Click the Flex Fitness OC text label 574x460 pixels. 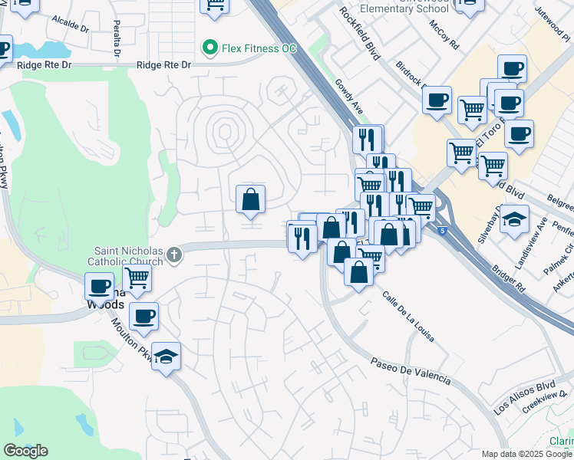pos(259,48)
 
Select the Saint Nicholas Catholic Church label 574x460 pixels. pos(128,256)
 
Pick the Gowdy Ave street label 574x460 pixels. pos(348,96)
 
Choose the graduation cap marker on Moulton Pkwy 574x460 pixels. pos(166,356)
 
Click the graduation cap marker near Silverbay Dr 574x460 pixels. pos(515,219)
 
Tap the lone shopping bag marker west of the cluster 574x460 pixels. pos(250,200)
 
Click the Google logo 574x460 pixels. pos(25,451)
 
